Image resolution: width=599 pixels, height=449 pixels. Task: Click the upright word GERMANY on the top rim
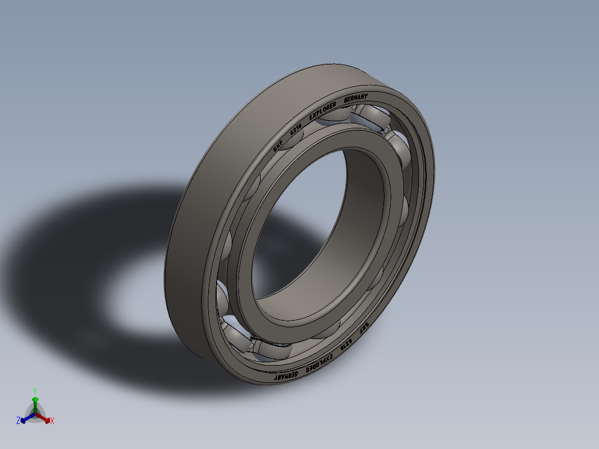[x=356, y=98]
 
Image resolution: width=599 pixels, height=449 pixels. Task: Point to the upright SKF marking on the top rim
[x=278, y=147]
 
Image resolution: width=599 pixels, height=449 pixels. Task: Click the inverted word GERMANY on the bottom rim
[x=286, y=375]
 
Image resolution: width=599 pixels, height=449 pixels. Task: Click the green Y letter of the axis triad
[x=34, y=390]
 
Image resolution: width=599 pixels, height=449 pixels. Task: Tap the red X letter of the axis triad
[x=52, y=421]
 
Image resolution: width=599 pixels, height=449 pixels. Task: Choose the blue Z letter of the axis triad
[x=18, y=421]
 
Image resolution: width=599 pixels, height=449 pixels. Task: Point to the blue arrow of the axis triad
[x=25, y=418]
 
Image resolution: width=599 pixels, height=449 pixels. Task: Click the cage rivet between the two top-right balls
[x=384, y=132]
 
